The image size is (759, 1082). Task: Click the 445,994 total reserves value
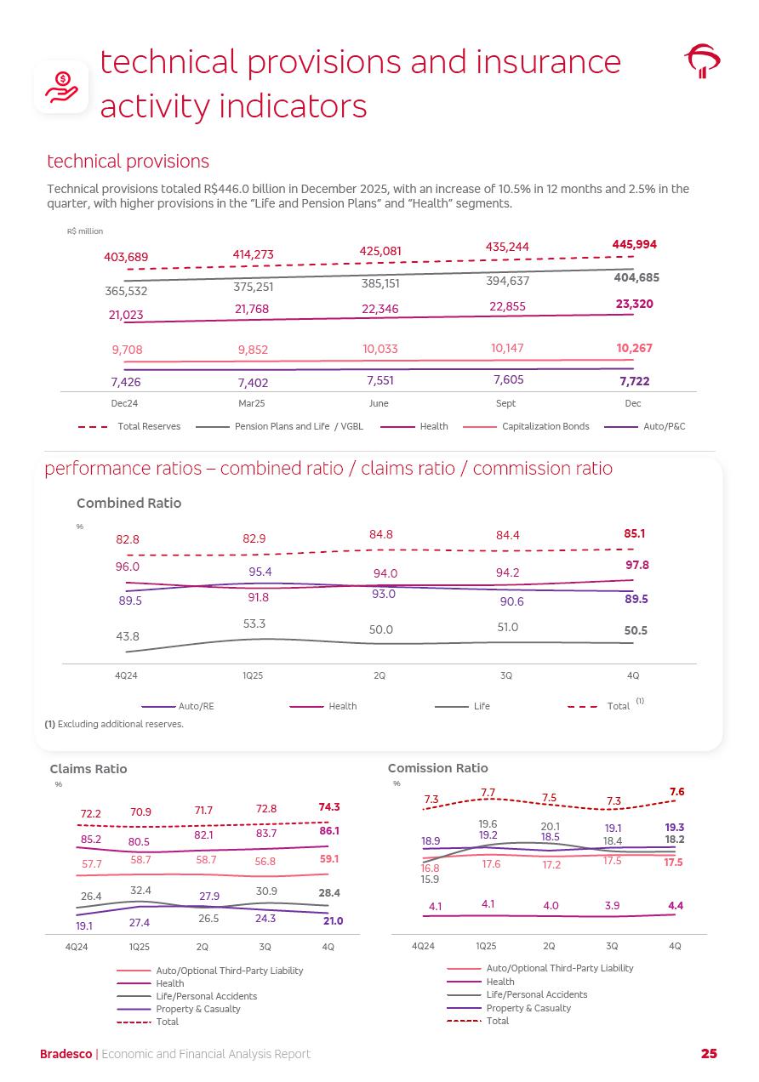coord(634,244)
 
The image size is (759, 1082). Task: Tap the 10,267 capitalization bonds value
coord(634,348)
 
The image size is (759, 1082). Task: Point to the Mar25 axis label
coord(252,404)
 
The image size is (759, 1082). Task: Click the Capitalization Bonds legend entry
coord(545,426)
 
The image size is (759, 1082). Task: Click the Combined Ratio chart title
coord(128,503)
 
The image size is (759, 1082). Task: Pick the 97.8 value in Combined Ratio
coord(635,565)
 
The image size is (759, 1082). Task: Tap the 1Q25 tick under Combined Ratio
coord(253,675)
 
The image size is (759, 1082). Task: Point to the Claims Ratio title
coord(88,769)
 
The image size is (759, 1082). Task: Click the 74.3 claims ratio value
coord(329,807)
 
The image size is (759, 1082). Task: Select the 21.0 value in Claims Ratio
coord(333,921)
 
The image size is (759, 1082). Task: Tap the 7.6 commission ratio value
coord(676,792)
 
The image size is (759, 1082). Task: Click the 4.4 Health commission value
coord(676,906)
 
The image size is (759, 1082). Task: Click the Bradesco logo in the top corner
coord(702,61)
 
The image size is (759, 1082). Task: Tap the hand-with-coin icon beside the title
coord(61,86)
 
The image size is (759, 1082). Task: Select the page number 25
coord(709,1054)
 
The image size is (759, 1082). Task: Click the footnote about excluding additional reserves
coord(114,724)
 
